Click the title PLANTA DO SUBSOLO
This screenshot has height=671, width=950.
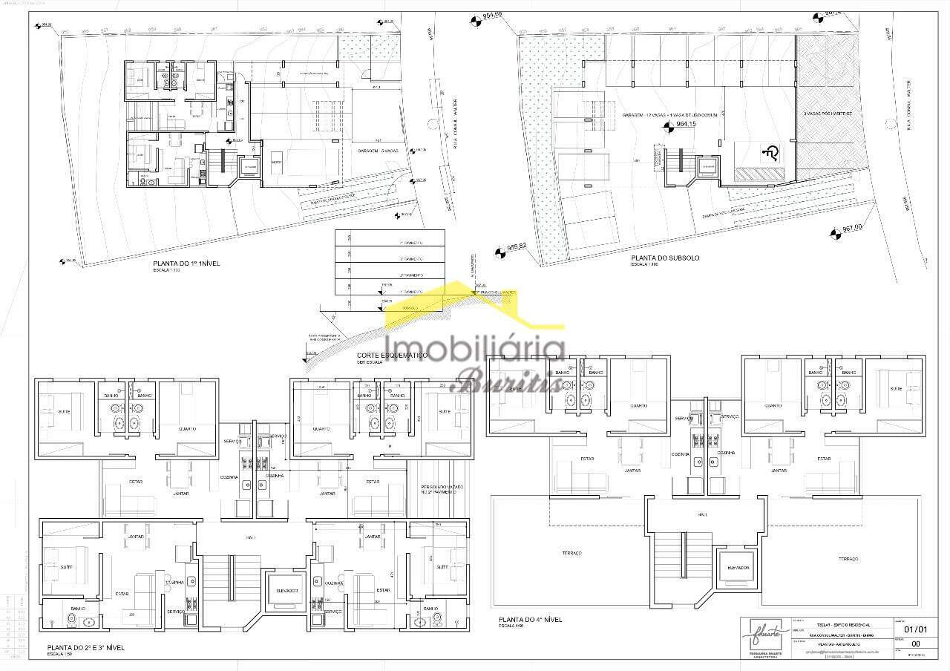(665, 258)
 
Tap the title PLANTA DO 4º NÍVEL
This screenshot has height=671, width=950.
(530, 619)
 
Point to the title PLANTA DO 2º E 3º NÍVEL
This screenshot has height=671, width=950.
(85, 648)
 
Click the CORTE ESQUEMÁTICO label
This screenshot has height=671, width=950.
(392, 356)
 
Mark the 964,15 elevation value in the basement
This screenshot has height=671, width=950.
(687, 125)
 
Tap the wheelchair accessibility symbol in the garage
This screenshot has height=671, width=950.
(770, 154)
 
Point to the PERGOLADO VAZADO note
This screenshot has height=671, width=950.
(442, 488)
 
